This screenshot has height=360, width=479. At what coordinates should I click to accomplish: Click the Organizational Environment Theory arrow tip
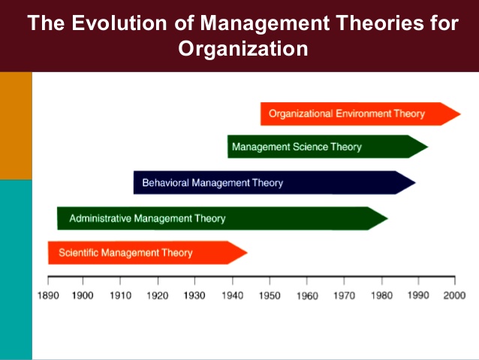pos(460,114)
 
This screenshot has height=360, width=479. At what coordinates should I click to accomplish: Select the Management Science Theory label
pos(297,147)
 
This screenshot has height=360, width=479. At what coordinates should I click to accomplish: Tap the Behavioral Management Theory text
pos(212,183)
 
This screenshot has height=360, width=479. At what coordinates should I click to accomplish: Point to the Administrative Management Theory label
pos(147,219)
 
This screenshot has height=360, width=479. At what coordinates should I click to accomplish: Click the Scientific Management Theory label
pos(125,253)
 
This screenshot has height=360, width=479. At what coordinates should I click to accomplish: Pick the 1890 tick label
pos(48,295)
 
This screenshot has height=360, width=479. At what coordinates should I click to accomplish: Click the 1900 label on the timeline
pos(83,295)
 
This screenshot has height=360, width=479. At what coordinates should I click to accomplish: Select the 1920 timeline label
pos(158,295)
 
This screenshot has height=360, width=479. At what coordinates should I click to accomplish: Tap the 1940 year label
pos(233,295)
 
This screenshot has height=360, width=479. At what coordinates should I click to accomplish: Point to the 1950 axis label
pos(270,295)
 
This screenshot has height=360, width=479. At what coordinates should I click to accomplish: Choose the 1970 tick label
pos(345,295)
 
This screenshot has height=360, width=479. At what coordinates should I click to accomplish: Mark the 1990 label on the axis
pos(418,295)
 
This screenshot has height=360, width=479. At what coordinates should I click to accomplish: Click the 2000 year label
pos(454,295)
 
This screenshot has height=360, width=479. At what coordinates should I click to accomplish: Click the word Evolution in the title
pos(119,23)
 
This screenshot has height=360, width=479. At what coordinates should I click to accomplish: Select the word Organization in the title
pos(243,49)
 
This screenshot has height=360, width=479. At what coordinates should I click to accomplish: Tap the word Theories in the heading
pos(380,23)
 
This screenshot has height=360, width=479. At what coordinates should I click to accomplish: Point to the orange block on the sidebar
pos(16,126)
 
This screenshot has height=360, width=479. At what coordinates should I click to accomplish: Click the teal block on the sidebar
pos(16,270)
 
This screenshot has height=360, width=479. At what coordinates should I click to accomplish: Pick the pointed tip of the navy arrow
pos(415,183)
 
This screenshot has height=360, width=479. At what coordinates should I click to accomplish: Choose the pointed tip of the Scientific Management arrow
pos(247,253)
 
